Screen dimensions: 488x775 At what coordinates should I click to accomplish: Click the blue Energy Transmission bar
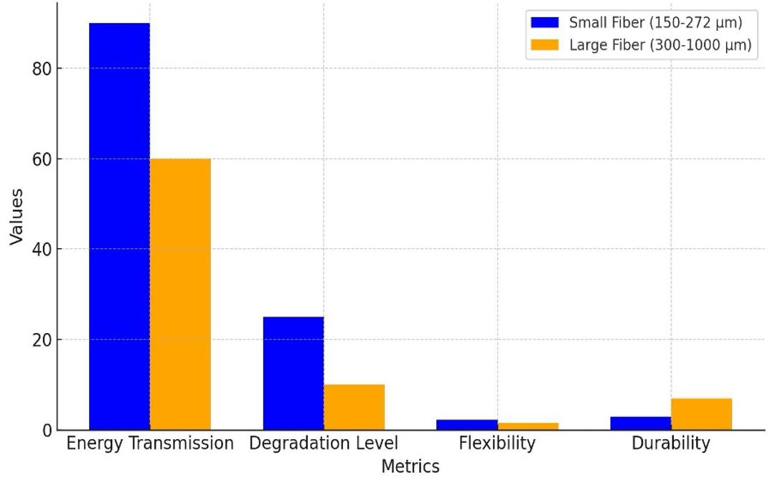coord(119,226)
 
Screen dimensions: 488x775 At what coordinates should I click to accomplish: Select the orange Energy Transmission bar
coord(180,294)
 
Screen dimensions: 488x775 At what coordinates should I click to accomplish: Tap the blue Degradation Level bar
coord(293,373)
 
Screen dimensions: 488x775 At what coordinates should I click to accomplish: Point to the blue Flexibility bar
coord(466,425)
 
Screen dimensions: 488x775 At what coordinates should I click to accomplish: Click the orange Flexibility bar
coord(527,426)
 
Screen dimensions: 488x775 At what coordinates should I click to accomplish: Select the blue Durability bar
coord(640,423)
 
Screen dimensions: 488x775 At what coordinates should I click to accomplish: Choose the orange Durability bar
coord(701,414)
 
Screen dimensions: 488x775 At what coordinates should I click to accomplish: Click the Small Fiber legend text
coord(655,22)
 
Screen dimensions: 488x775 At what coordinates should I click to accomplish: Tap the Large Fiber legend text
coord(659,45)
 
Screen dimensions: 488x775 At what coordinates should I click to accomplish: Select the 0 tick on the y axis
coord(46,431)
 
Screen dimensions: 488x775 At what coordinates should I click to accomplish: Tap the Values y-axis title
coord(17,217)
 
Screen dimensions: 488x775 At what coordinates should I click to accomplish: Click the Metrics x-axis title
coord(410,466)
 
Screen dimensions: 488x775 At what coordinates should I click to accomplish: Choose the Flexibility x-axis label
coord(497,444)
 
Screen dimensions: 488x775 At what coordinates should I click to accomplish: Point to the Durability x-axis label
coord(670,444)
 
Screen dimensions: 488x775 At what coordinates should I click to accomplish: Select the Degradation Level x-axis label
coord(324,444)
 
